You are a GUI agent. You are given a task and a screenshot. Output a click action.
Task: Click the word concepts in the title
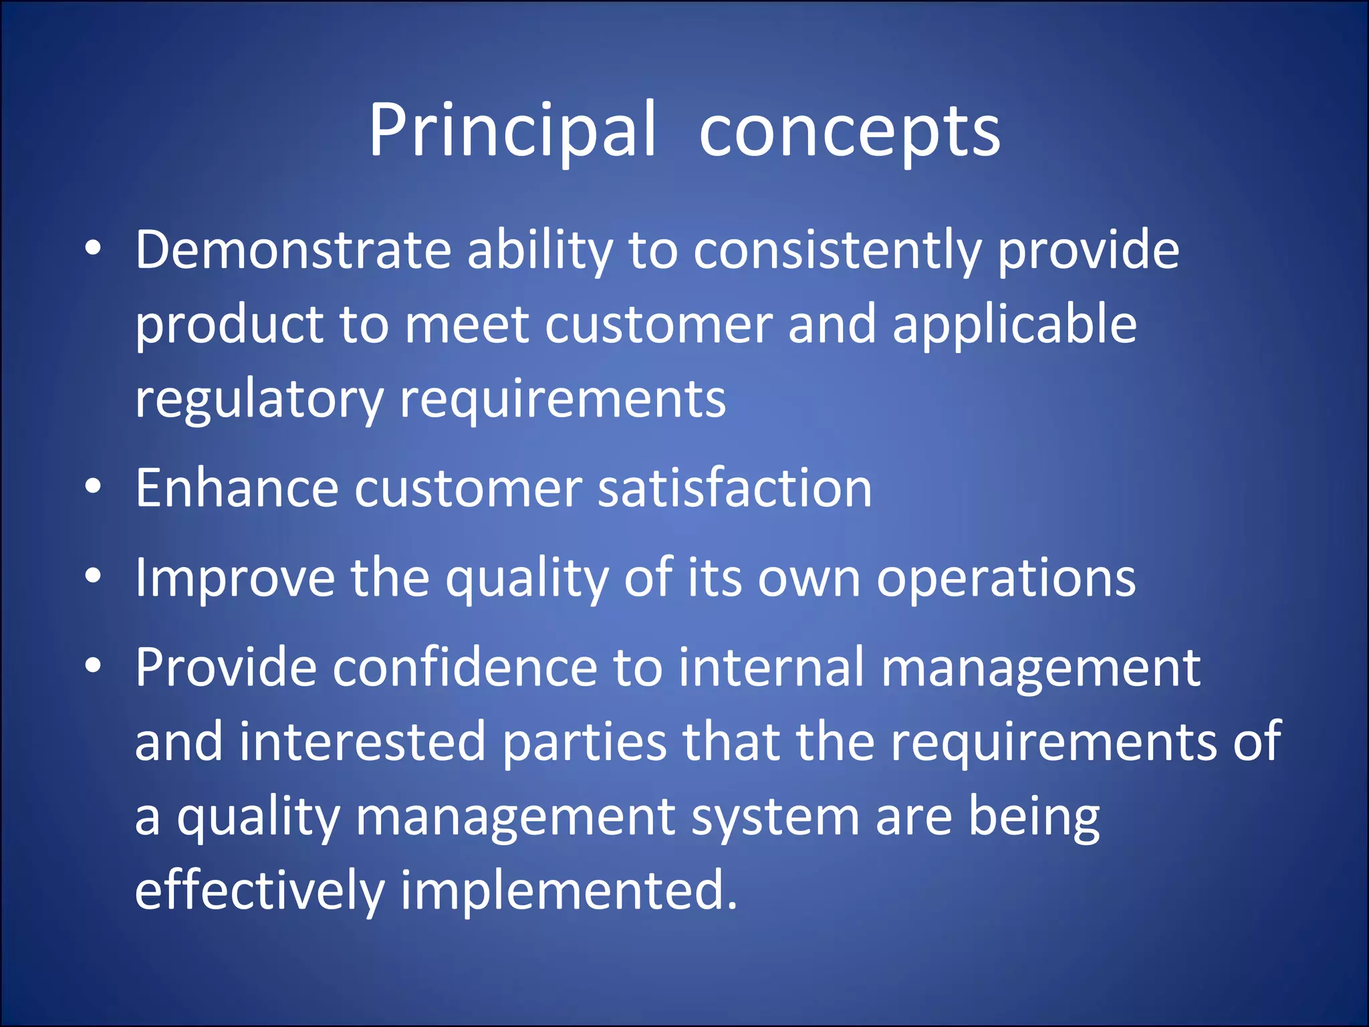(850, 132)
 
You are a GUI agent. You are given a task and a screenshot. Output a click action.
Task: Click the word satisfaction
(735, 488)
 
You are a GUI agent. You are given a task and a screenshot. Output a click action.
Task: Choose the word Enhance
(237, 488)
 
